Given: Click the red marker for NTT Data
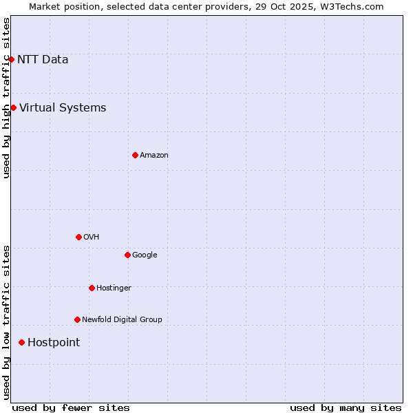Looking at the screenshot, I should [11, 59].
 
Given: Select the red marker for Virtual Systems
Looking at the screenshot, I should [13, 107].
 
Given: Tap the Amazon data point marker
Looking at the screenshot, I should [135, 155].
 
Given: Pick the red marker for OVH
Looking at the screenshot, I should [78, 237].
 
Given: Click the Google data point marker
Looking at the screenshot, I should [127, 255].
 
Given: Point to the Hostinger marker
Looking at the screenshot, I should [92, 288].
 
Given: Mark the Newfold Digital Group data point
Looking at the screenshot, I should [77, 319].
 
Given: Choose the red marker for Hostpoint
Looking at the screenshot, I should [21, 342].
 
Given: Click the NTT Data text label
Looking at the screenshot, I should [43, 59].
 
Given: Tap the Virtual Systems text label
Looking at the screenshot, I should [63, 107].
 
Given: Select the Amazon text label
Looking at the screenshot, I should [154, 156].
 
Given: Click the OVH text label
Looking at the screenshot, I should [92, 237].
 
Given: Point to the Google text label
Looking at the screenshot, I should [145, 255].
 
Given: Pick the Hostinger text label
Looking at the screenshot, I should [114, 288].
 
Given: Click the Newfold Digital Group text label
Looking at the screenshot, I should [122, 320].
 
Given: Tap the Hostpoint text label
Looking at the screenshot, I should [54, 343].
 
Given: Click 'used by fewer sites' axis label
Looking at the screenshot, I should [71, 407].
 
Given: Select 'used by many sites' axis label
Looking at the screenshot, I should [346, 407].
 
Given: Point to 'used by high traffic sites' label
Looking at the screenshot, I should [6, 98].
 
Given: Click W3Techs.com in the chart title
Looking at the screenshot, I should [350, 6].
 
